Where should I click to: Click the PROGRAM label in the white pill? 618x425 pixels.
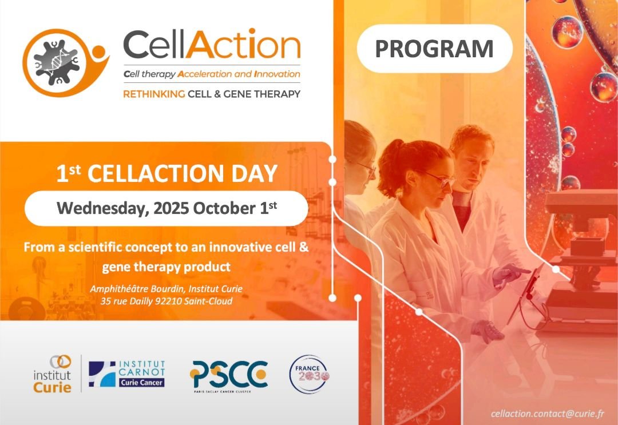434,49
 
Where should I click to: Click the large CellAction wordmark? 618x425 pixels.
212,45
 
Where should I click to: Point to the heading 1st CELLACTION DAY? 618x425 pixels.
167,173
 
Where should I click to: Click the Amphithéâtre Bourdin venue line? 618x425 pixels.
166,289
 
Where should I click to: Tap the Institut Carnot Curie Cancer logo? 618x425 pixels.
127,374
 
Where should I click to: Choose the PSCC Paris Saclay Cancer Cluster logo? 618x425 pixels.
228,375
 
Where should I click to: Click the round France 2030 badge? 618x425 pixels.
309,375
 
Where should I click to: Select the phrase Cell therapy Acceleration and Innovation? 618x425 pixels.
212,74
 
